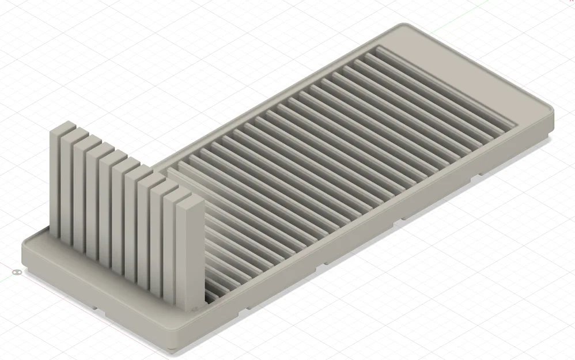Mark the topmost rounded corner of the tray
click(x=403, y=25)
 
